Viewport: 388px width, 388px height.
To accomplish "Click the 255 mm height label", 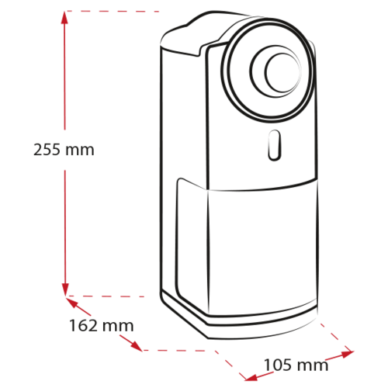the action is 64,150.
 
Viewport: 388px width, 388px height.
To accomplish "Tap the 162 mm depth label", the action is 102,325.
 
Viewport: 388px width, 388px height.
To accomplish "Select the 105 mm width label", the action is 296,365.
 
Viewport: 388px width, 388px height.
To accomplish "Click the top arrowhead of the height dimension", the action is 64,18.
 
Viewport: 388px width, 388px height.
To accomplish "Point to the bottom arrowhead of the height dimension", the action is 65,289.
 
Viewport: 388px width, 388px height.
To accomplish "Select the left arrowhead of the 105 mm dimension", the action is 251,377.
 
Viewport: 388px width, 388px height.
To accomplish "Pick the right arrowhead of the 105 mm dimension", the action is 346,353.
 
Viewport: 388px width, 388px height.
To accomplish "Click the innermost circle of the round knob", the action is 282,73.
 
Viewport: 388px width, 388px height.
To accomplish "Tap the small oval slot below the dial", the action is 274,145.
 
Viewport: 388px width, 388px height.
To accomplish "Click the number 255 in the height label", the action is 47,150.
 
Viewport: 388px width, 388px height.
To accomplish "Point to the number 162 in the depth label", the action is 83,325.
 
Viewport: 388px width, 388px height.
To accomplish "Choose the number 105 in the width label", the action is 277,365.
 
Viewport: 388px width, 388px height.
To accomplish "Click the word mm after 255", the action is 80,151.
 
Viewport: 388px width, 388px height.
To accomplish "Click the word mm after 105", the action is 313,366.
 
